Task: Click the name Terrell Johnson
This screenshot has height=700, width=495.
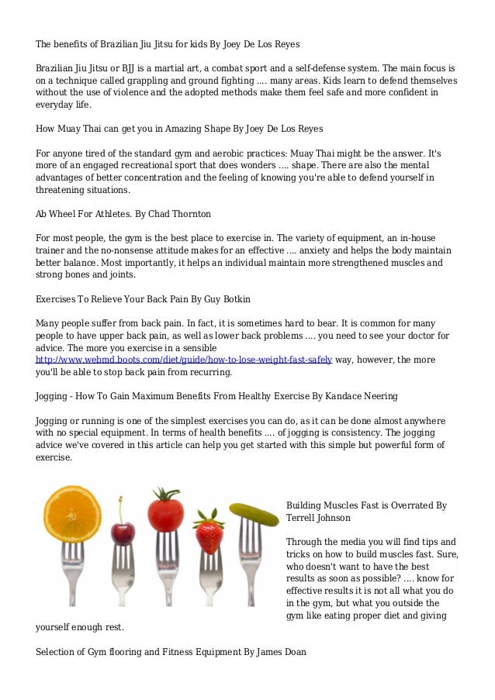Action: click(x=318, y=517)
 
